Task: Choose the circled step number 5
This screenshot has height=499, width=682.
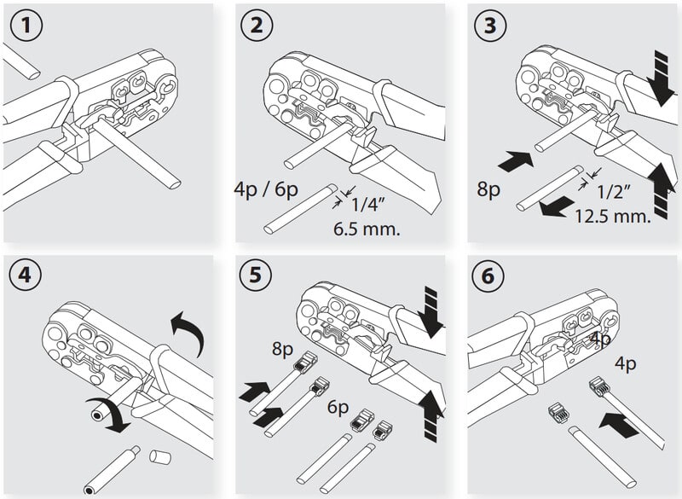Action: tap(257, 277)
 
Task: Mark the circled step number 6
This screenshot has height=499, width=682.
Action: tap(489, 277)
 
